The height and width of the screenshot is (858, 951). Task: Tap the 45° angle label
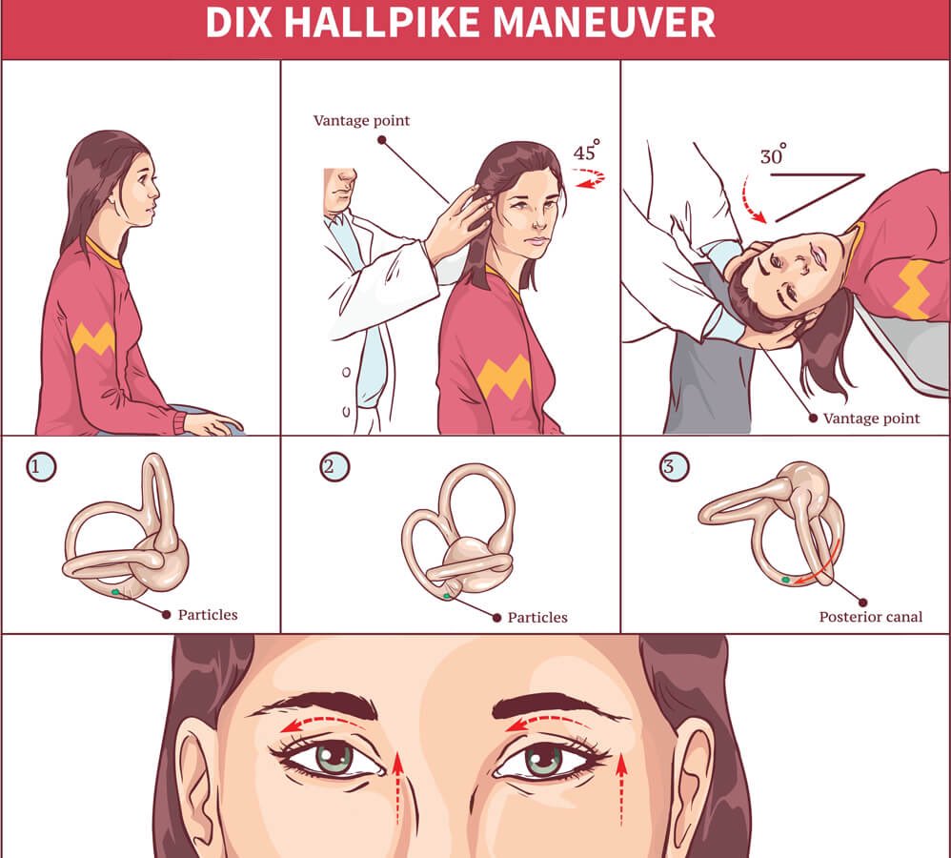click(x=586, y=152)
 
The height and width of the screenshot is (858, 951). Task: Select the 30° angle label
click(x=773, y=155)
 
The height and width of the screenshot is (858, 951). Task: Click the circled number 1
click(x=41, y=467)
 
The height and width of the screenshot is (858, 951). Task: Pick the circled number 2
click(x=334, y=467)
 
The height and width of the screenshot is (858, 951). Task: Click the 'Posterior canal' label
click(x=870, y=617)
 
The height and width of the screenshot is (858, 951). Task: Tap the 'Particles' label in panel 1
click(x=207, y=614)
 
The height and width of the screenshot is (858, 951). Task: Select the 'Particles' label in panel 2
click(x=536, y=617)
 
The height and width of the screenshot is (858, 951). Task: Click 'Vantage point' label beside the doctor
click(x=361, y=121)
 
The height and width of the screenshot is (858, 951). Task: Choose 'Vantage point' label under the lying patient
click(x=871, y=418)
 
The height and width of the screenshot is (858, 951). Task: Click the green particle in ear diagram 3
click(x=786, y=579)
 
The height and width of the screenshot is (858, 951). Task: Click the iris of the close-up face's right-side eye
click(x=543, y=760)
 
